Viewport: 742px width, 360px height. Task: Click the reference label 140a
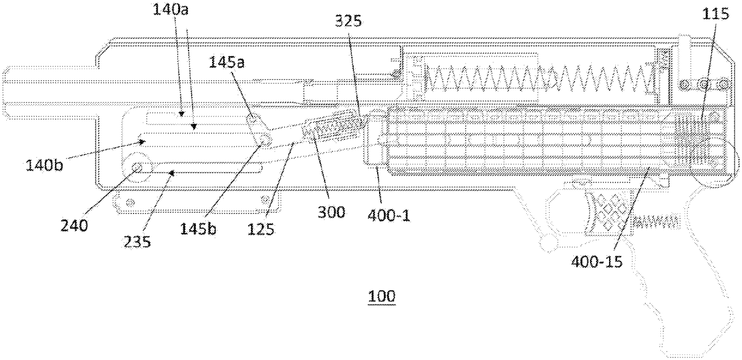pyautogui.click(x=170, y=10)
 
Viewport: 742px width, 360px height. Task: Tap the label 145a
pyautogui.click(x=226, y=62)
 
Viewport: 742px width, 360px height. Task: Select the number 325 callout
pyautogui.click(x=348, y=22)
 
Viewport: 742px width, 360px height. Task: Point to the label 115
pyautogui.click(x=716, y=14)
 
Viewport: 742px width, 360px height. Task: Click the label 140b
pyautogui.click(x=45, y=165)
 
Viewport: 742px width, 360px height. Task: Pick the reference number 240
pyautogui.click(x=74, y=226)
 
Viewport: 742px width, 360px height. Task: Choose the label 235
pyautogui.click(x=137, y=242)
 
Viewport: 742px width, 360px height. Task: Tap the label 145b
pyautogui.click(x=198, y=228)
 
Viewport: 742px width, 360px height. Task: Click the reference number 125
pyautogui.click(x=261, y=229)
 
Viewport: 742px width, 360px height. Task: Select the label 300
pyautogui.click(x=331, y=212)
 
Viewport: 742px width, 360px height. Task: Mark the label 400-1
pyautogui.click(x=389, y=216)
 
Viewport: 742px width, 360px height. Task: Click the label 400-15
pyautogui.click(x=597, y=262)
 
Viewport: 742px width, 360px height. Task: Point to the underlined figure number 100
pyautogui.click(x=382, y=296)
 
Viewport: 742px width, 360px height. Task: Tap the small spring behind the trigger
pyautogui.click(x=656, y=221)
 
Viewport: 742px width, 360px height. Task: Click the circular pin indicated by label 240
pyautogui.click(x=137, y=168)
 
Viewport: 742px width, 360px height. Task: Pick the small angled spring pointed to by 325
pyautogui.click(x=335, y=127)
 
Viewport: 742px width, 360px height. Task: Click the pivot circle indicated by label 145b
pyautogui.click(x=265, y=141)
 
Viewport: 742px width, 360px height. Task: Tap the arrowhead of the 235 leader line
pyautogui.click(x=172, y=173)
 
